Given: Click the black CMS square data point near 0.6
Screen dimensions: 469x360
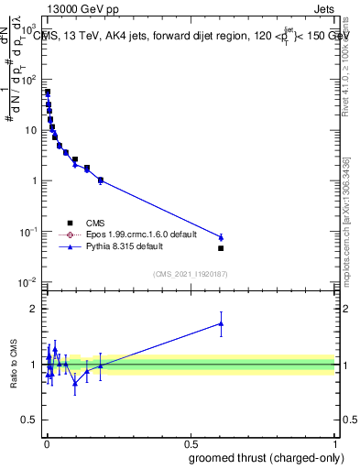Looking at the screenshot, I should (x=221, y=248).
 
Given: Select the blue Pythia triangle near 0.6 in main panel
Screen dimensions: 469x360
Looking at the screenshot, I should (x=221, y=237).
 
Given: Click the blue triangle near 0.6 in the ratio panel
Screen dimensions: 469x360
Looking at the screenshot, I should (x=221, y=322).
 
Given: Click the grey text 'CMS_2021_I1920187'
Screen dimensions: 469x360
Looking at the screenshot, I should (x=189, y=273).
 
